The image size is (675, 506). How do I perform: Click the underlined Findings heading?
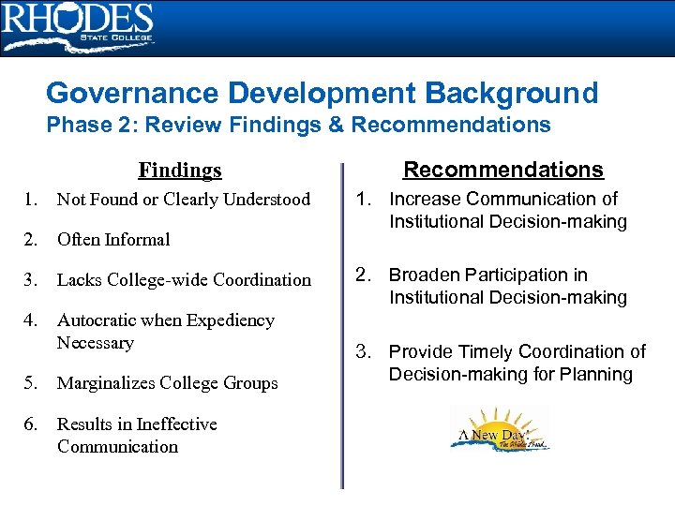pos(180,170)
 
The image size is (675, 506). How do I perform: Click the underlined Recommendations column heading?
pos(503,170)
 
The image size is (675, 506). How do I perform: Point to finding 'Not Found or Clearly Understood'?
pos(183,199)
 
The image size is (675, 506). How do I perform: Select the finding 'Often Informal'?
pos(113,239)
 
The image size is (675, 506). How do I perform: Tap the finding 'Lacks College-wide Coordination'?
pos(184,279)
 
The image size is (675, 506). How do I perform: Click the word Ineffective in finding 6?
pos(176,424)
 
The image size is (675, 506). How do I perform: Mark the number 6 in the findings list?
pos(31,424)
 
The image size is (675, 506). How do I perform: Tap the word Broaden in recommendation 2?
pos(423,275)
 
